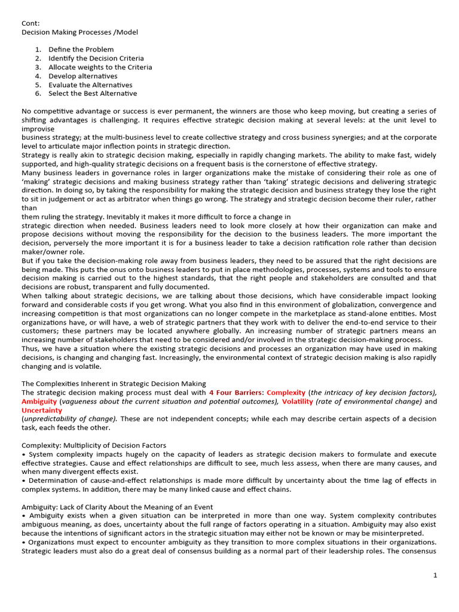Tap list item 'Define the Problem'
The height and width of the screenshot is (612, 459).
pos(81,50)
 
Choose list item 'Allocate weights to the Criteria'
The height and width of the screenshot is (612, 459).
pos(100,67)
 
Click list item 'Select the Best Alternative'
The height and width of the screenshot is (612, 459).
pos(93,93)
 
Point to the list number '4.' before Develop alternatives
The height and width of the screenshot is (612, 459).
pos(38,76)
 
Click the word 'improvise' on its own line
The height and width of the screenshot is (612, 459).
pos(38,128)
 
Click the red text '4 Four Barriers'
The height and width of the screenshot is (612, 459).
pos(235,393)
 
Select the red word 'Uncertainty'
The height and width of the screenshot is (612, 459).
pos(42,411)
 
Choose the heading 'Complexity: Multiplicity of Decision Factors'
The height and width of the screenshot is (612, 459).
pos(94,445)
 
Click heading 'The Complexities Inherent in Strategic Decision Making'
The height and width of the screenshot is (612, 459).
pos(114,384)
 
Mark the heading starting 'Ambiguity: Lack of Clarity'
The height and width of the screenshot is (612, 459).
pos(117,507)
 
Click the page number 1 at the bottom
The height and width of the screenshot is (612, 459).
pos(436,575)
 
